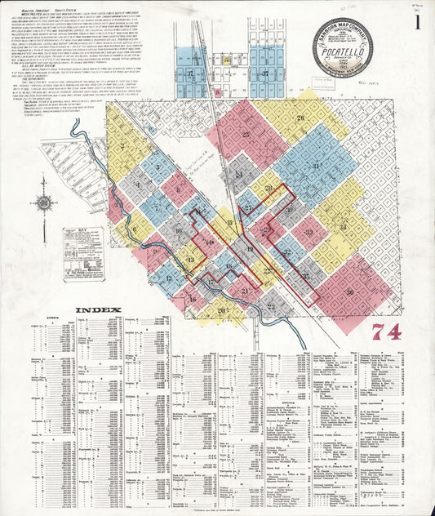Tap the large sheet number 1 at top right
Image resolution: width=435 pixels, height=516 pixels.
point(417,22)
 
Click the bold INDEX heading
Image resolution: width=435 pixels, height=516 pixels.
point(98,310)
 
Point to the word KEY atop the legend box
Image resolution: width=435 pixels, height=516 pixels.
point(82,232)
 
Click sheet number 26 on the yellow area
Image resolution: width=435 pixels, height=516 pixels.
point(300,120)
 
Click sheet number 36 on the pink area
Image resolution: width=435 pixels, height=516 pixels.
point(349,291)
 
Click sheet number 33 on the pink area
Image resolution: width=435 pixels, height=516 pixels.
point(308,232)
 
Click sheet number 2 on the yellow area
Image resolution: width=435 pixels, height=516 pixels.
point(122,148)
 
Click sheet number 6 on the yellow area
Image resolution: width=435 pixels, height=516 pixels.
point(134,229)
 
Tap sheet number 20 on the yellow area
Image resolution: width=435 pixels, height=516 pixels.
point(220,309)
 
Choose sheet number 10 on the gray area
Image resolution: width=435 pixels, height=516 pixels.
point(178,230)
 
